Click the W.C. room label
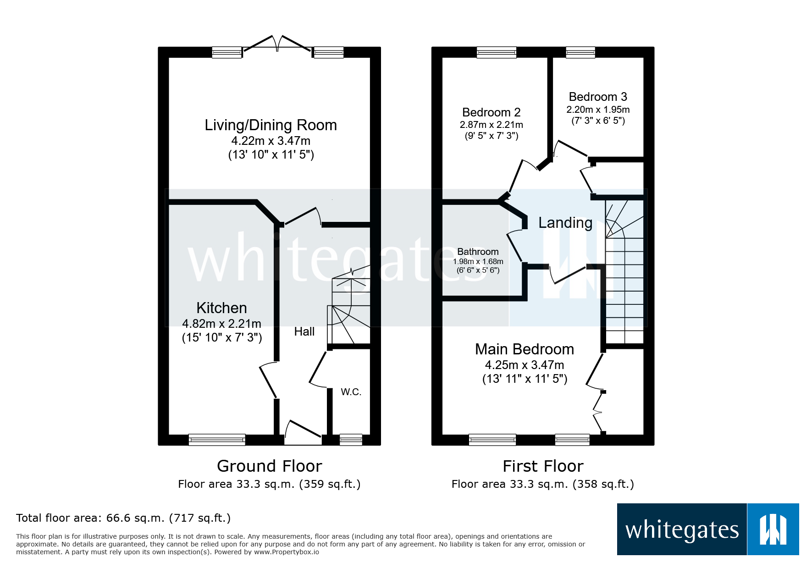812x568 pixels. [x=351, y=392]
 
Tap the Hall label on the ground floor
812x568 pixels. [x=304, y=331]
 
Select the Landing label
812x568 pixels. [x=565, y=223]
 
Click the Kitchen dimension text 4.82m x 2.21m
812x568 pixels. [x=221, y=324]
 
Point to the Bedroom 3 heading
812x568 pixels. [x=597, y=97]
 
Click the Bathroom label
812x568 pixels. [x=478, y=252]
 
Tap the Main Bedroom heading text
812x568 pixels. [x=524, y=349]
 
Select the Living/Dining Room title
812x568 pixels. [x=271, y=125]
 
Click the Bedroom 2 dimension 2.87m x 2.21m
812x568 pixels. [x=491, y=125]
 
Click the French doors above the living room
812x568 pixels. [x=277, y=44]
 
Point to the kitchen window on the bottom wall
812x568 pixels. [x=217, y=440]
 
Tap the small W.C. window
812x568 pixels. [x=351, y=440]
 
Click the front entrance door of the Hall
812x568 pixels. [x=303, y=433]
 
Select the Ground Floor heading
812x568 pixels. [x=269, y=466]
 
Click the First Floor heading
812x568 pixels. [x=543, y=466]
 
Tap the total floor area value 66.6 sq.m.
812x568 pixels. [x=135, y=518]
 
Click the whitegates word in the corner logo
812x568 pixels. [x=682, y=530]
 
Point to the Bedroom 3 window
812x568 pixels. [x=580, y=52]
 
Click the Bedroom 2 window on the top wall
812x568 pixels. [x=497, y=52]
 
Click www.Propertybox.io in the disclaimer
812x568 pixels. [x=287, y=552]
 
